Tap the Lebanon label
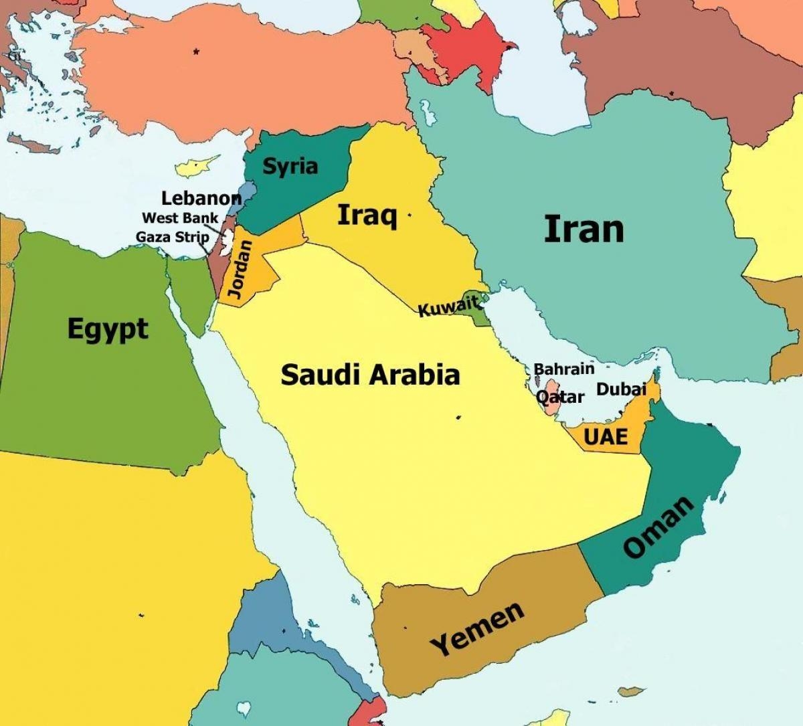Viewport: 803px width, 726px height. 201,198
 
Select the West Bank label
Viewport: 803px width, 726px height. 180,218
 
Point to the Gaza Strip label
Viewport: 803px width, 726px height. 172,237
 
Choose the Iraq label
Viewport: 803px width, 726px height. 367,215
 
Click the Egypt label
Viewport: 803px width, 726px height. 108,329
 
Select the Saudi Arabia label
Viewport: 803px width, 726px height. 370,375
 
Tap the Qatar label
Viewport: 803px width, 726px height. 561,397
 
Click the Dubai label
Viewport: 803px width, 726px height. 621,389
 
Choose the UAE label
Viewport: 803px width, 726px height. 606,437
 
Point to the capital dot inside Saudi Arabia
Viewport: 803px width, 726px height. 458,418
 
